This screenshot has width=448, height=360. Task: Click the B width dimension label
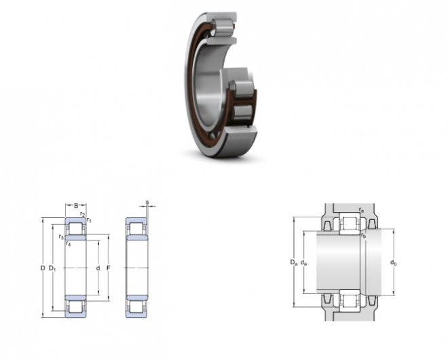76,205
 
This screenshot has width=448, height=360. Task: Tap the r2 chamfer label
82,214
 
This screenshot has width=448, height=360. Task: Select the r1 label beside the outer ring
89,220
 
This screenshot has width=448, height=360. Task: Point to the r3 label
61,237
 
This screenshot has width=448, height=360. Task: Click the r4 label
68,244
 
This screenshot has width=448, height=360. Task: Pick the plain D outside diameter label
43,268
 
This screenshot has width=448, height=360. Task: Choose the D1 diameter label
52,268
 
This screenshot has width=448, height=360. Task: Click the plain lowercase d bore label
98,268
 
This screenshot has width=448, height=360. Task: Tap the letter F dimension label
109,268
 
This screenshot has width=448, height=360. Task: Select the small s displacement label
147,202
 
